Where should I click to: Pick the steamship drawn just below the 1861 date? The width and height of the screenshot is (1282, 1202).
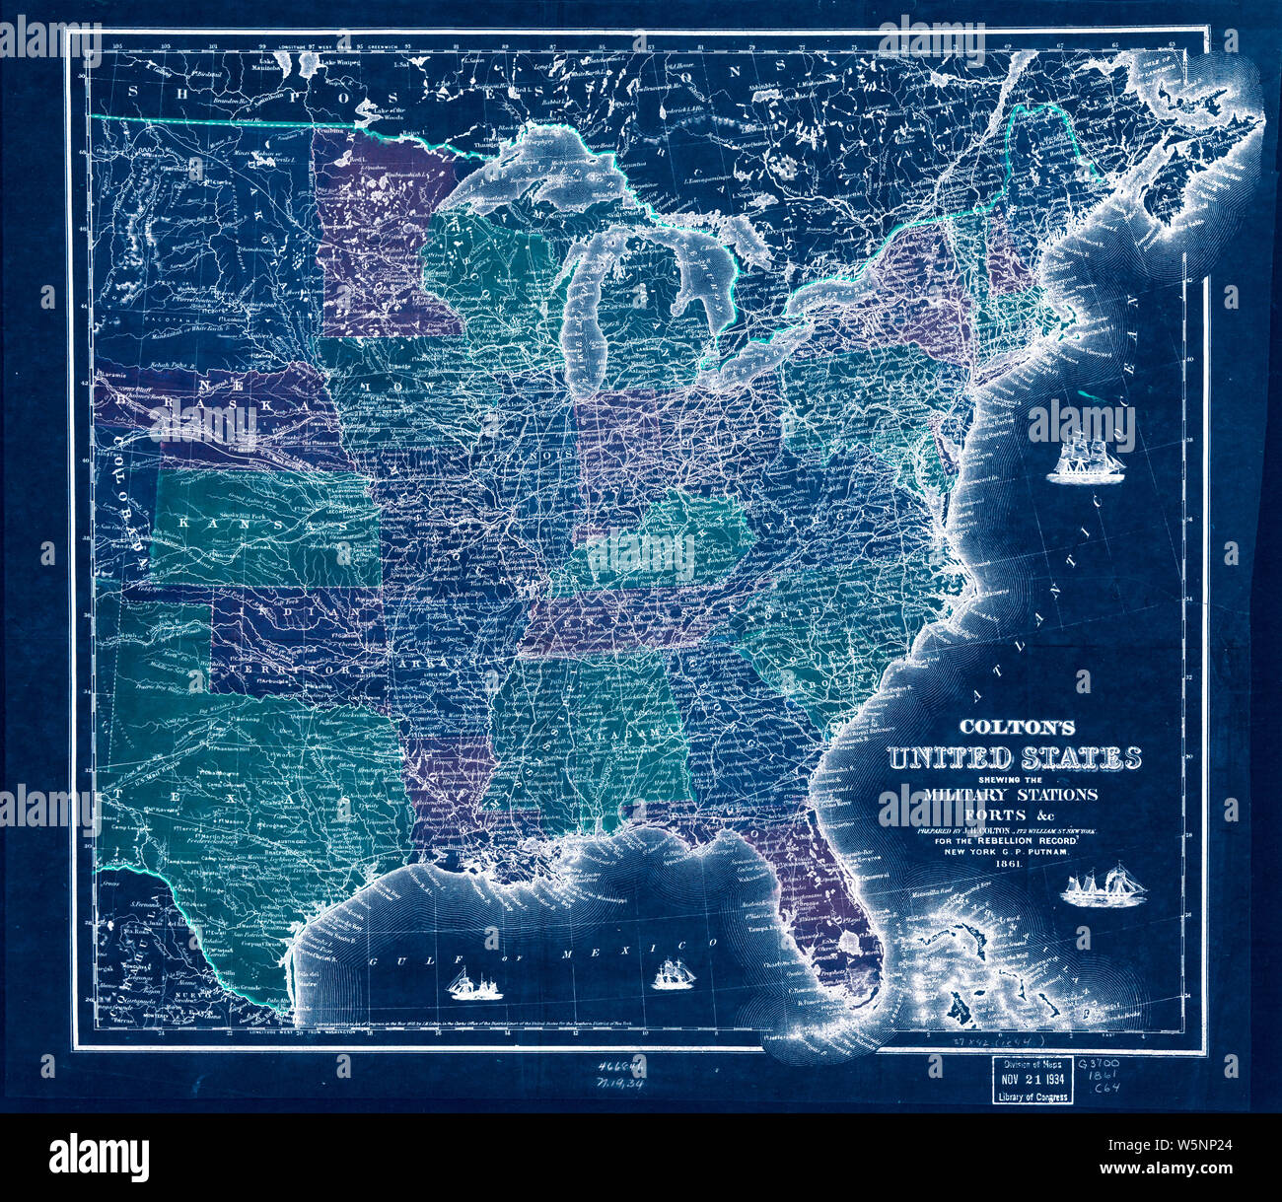(x=1104, y=886)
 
